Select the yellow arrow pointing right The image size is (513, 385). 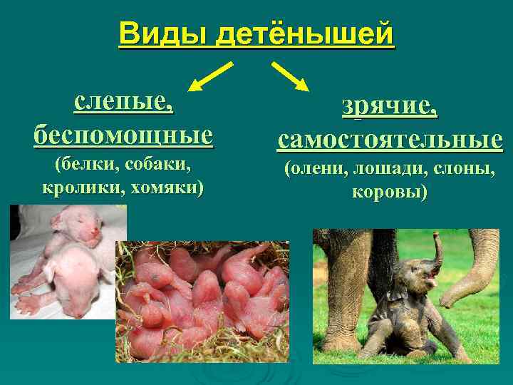click(x=290, y=76)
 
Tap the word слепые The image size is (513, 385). click(x=123, y=103)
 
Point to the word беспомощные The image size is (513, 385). click(x=123, y=133)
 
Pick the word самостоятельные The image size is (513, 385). click(x=390, y=139)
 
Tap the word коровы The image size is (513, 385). click(x=389, y=192)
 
